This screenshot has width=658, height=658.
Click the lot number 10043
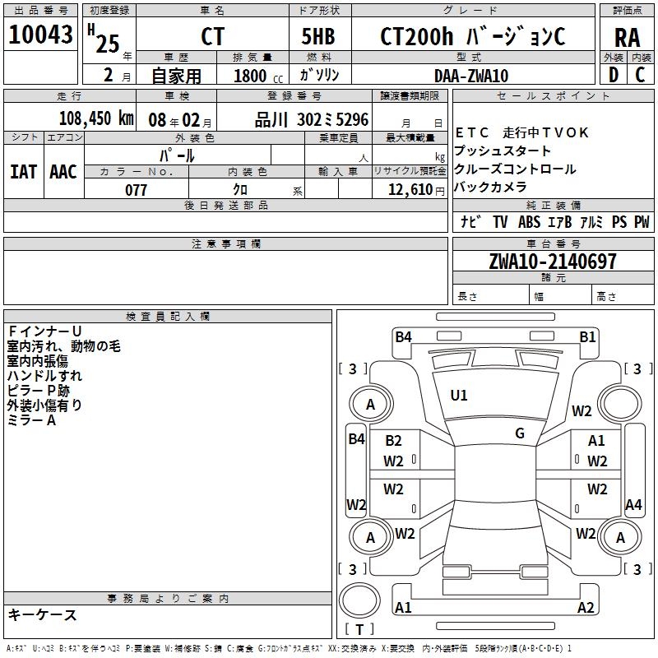(x=41, y=35)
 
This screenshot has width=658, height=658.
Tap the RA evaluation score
(x=627, y=37)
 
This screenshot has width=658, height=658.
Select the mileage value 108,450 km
(x=96, y=118)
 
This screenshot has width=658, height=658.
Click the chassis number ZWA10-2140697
(x=552, y=262)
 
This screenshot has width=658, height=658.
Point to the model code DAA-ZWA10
(x=471, y=76)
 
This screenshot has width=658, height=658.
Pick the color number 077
(x=136, y=190)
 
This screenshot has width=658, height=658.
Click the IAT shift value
(x=23, y=171)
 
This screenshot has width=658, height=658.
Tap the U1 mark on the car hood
(x=459, y=396)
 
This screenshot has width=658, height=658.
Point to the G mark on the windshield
(x=520, y=433)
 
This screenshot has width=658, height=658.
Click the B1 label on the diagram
(x=587, y=336)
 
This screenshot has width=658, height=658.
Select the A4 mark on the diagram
(x=633, y=505)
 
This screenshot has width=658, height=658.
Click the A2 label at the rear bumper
(x=586, y=608)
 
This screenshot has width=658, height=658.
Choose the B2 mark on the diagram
(x=393, y=442)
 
